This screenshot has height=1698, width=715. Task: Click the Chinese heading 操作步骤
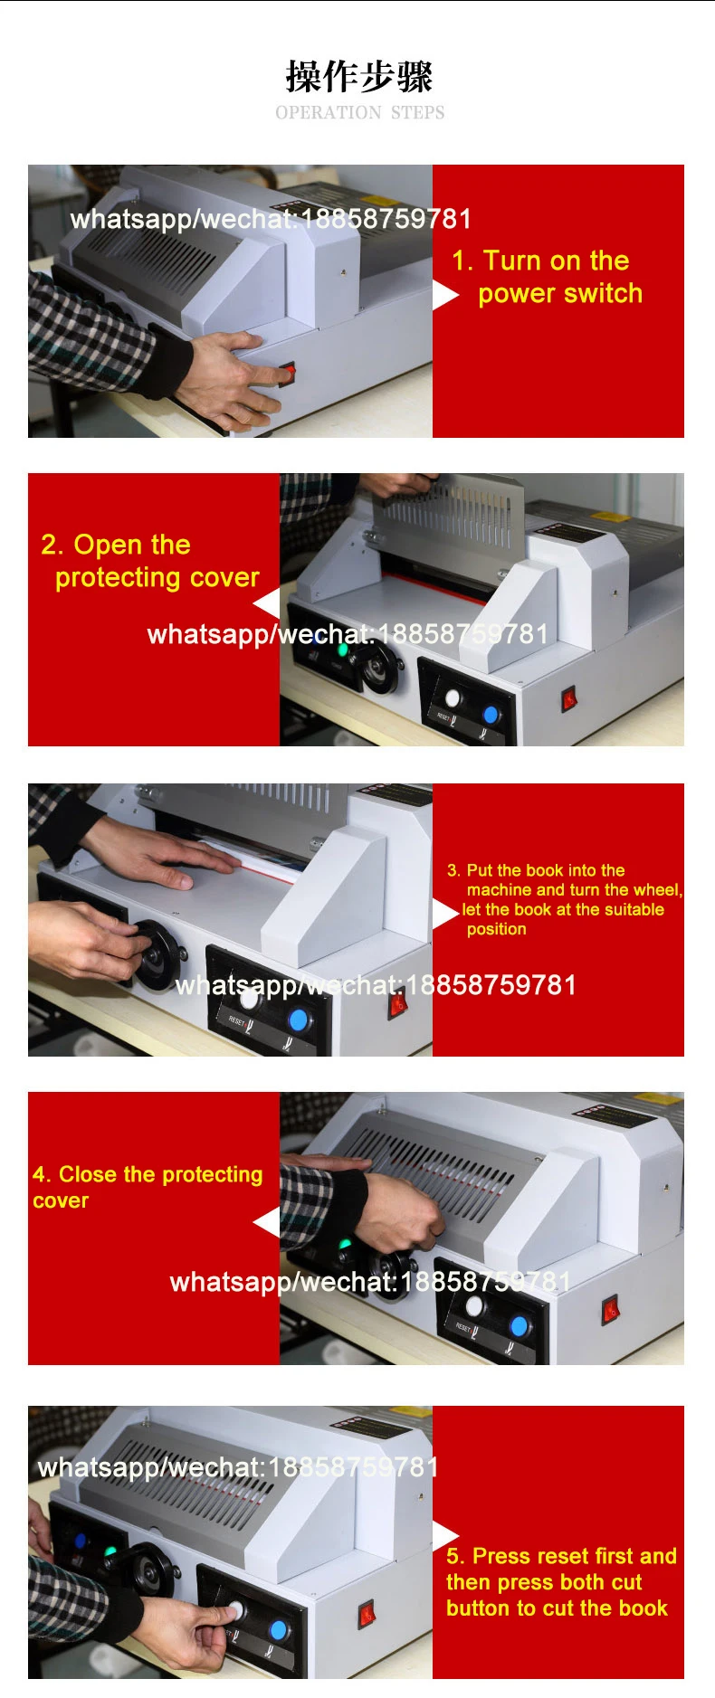[359, 77]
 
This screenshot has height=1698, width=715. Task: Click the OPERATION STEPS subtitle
[359, 113]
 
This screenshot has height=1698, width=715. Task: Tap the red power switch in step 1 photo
[288, 371]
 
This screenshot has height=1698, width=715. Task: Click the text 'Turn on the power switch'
[548, 277]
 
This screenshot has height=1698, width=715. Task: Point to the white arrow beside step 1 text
[444, 295]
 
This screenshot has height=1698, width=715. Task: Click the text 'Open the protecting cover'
[150, 561]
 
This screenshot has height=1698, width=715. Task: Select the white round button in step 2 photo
[453, 697]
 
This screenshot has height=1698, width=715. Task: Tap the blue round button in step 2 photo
[491, 715]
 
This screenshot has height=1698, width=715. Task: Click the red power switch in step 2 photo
[569, 698]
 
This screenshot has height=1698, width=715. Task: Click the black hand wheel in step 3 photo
[157, 955]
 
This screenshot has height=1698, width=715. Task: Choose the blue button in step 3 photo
[298, 1020]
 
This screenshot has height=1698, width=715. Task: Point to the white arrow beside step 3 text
[444, 914]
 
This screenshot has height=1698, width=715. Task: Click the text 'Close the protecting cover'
[148, 1187]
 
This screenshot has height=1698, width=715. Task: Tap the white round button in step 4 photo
[474, 1306]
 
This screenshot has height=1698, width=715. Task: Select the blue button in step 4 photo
[520, 1326]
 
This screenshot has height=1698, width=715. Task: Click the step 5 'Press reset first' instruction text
[560, 1581]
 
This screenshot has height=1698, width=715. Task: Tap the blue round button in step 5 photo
[279, 1630]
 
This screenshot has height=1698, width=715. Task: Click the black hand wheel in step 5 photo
[152, 1575]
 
